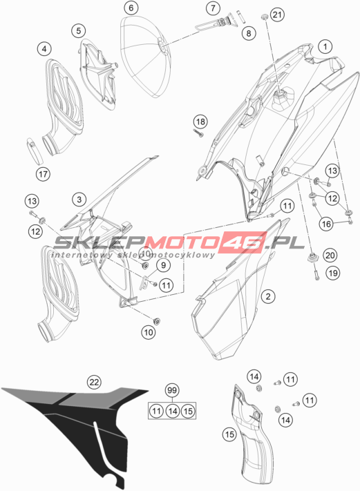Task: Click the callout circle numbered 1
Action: (325, 47)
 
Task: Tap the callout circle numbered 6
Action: (131, 8)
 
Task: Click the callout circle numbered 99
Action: (171, 390)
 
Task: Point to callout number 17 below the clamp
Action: (43, 174)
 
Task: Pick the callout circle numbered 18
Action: (200, 122)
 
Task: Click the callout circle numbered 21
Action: (277, 15)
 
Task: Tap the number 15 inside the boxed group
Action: (188, 411)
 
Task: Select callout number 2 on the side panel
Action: (268, 296)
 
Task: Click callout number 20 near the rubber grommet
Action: (330, 256)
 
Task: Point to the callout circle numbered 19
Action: (332, 273)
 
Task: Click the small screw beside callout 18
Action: (198, 133)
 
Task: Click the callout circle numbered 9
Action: (163, 265)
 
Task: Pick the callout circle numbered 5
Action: (78, 30)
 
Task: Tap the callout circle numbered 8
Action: (249, 33)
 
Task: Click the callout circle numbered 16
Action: (326, 224)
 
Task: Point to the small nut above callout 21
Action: (264, 17)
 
